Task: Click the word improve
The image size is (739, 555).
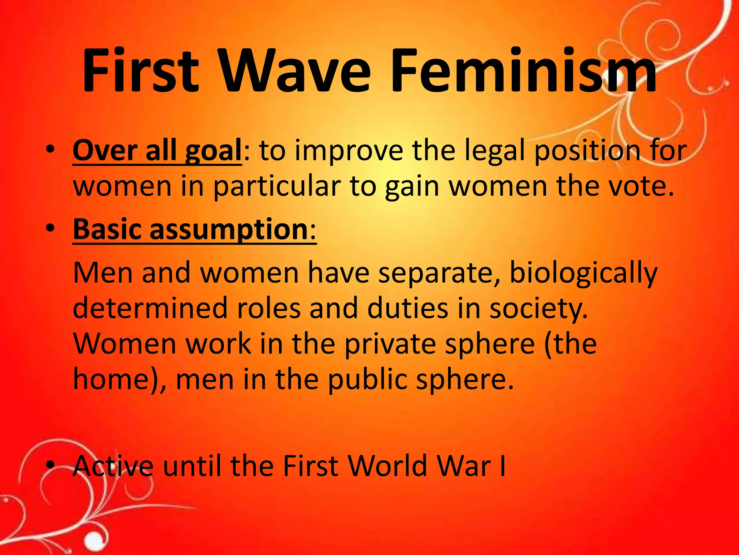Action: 349,151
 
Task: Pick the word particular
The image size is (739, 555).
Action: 277,187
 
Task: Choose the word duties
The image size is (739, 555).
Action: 408,308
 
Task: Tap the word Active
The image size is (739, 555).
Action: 113,466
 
